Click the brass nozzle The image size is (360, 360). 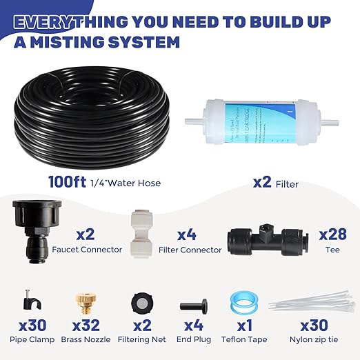click(x=84, y=301)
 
